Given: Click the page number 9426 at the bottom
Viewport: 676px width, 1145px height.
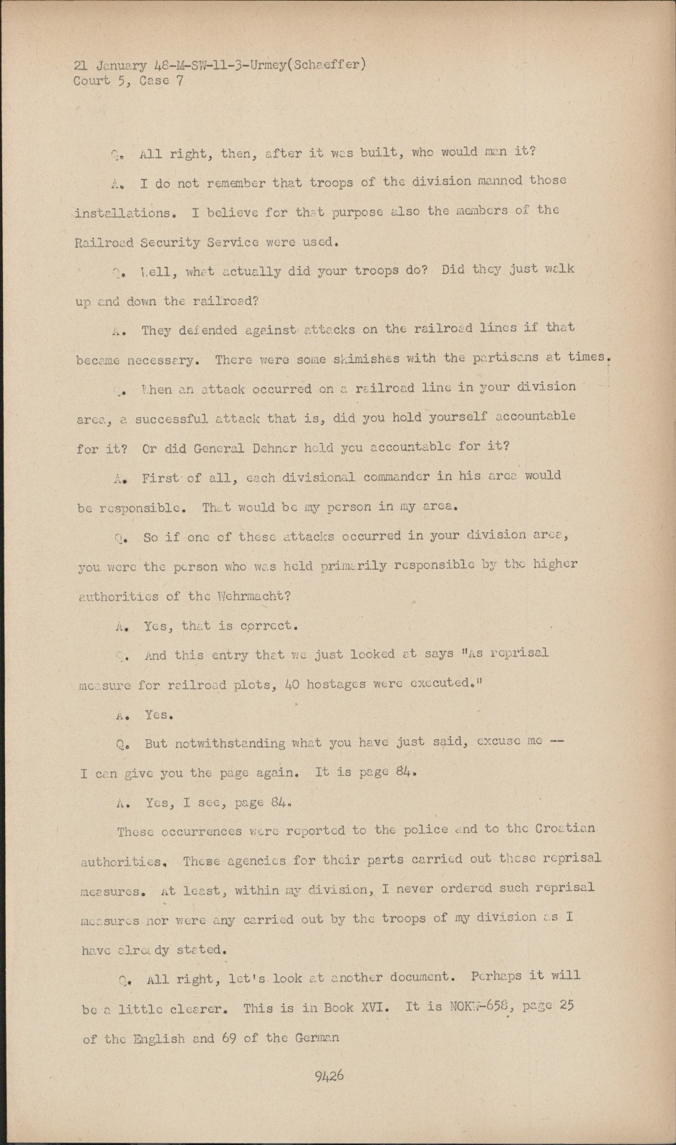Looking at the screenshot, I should [x=329, y=1075].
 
